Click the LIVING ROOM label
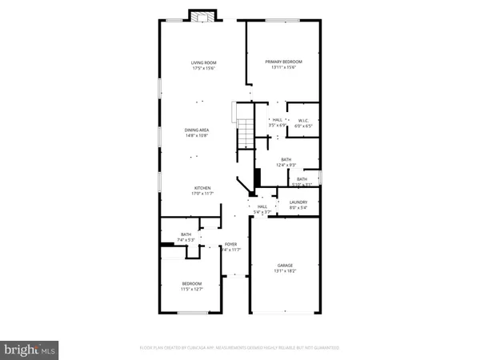203,62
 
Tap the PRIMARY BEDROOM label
283,62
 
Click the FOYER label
231,245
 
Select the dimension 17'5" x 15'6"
203,68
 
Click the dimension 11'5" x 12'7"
191,289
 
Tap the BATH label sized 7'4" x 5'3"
186,234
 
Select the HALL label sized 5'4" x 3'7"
262,206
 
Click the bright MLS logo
31,349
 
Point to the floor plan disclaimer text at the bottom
238,348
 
